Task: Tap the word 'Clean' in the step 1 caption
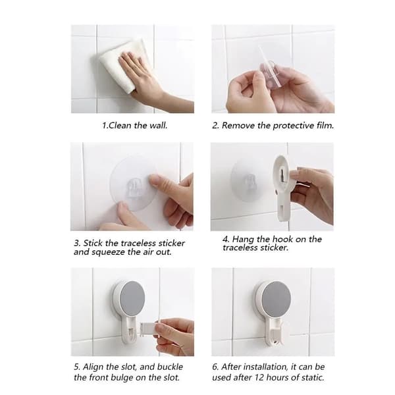tap(120, 125)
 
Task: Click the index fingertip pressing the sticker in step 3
tap(153, 180)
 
